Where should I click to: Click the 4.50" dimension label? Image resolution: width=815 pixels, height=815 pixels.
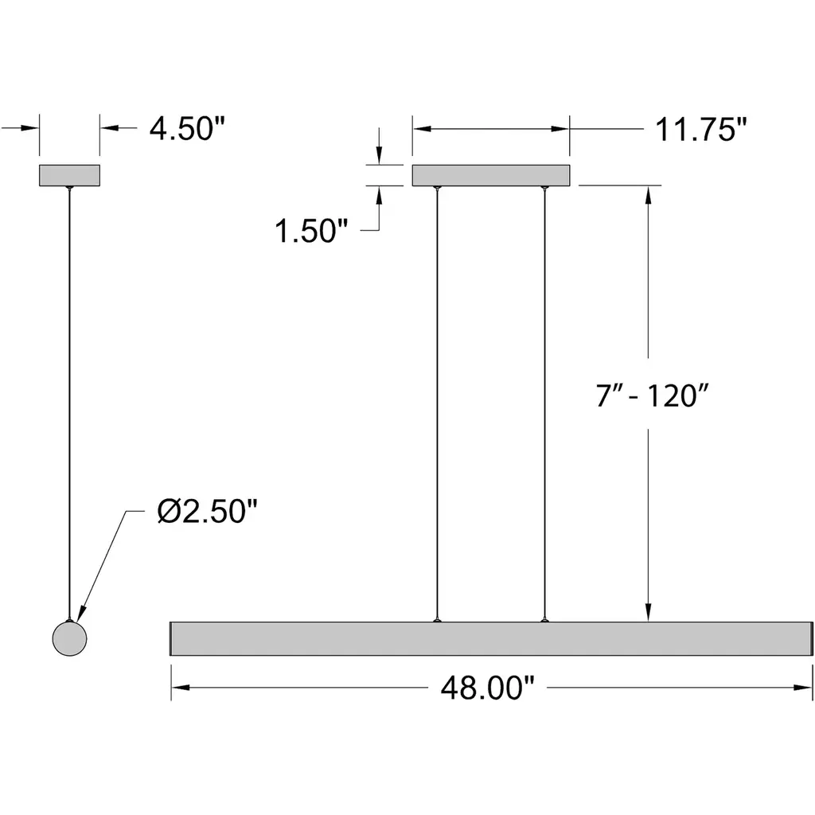click(x=188, y=128)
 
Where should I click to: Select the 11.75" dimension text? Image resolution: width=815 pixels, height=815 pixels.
click(x=700, y=129)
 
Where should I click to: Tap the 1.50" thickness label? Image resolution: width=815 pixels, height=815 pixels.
click(x=311, y=231)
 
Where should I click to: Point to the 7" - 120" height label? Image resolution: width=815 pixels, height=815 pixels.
click(x=653, y=396)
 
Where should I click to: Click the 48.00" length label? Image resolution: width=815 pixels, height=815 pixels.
click(x=488, y=688)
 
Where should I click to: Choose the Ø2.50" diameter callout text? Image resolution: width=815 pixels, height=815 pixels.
click(x=208, y=511)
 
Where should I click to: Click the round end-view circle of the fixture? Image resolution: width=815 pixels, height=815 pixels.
click(x=70, y=638)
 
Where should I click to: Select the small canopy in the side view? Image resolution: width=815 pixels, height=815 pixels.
click(x=70, y=175)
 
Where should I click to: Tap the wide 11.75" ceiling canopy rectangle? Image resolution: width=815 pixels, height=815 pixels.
click(x=491, y=175)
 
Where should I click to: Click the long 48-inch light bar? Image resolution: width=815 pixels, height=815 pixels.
click(x=491, y=638)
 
